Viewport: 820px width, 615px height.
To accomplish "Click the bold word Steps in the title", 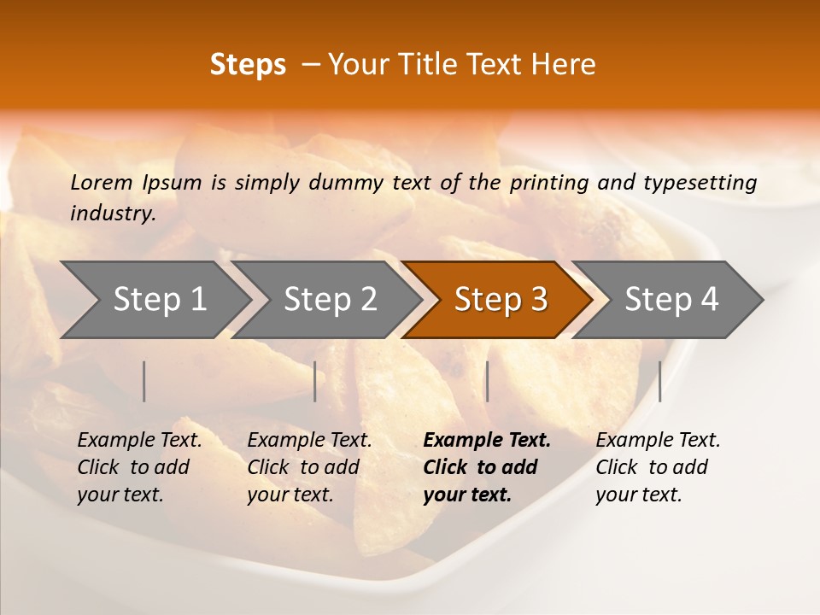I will pyautogui.click(x=248, y=65).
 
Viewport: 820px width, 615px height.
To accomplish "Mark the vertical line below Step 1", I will pyautogui.click(x=144, y=381).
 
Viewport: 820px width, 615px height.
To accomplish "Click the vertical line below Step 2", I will pyautogui.click(x=315, y=381).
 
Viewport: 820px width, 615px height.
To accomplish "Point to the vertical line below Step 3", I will pyautogui.click(x=487, y=381).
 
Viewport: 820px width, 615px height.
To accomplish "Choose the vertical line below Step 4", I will pyautogui.click(x=659, y=381).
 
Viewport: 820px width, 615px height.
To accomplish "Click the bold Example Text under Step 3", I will pyautogui.click(x=487, y=441).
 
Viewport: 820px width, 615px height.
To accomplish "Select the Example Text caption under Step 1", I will pyautogui.click(x=139, y=441).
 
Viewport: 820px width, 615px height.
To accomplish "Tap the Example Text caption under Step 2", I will pyautogui.click(x=309, y=441).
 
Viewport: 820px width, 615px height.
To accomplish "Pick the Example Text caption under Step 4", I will pyautogui.click(x=658, y=441).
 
